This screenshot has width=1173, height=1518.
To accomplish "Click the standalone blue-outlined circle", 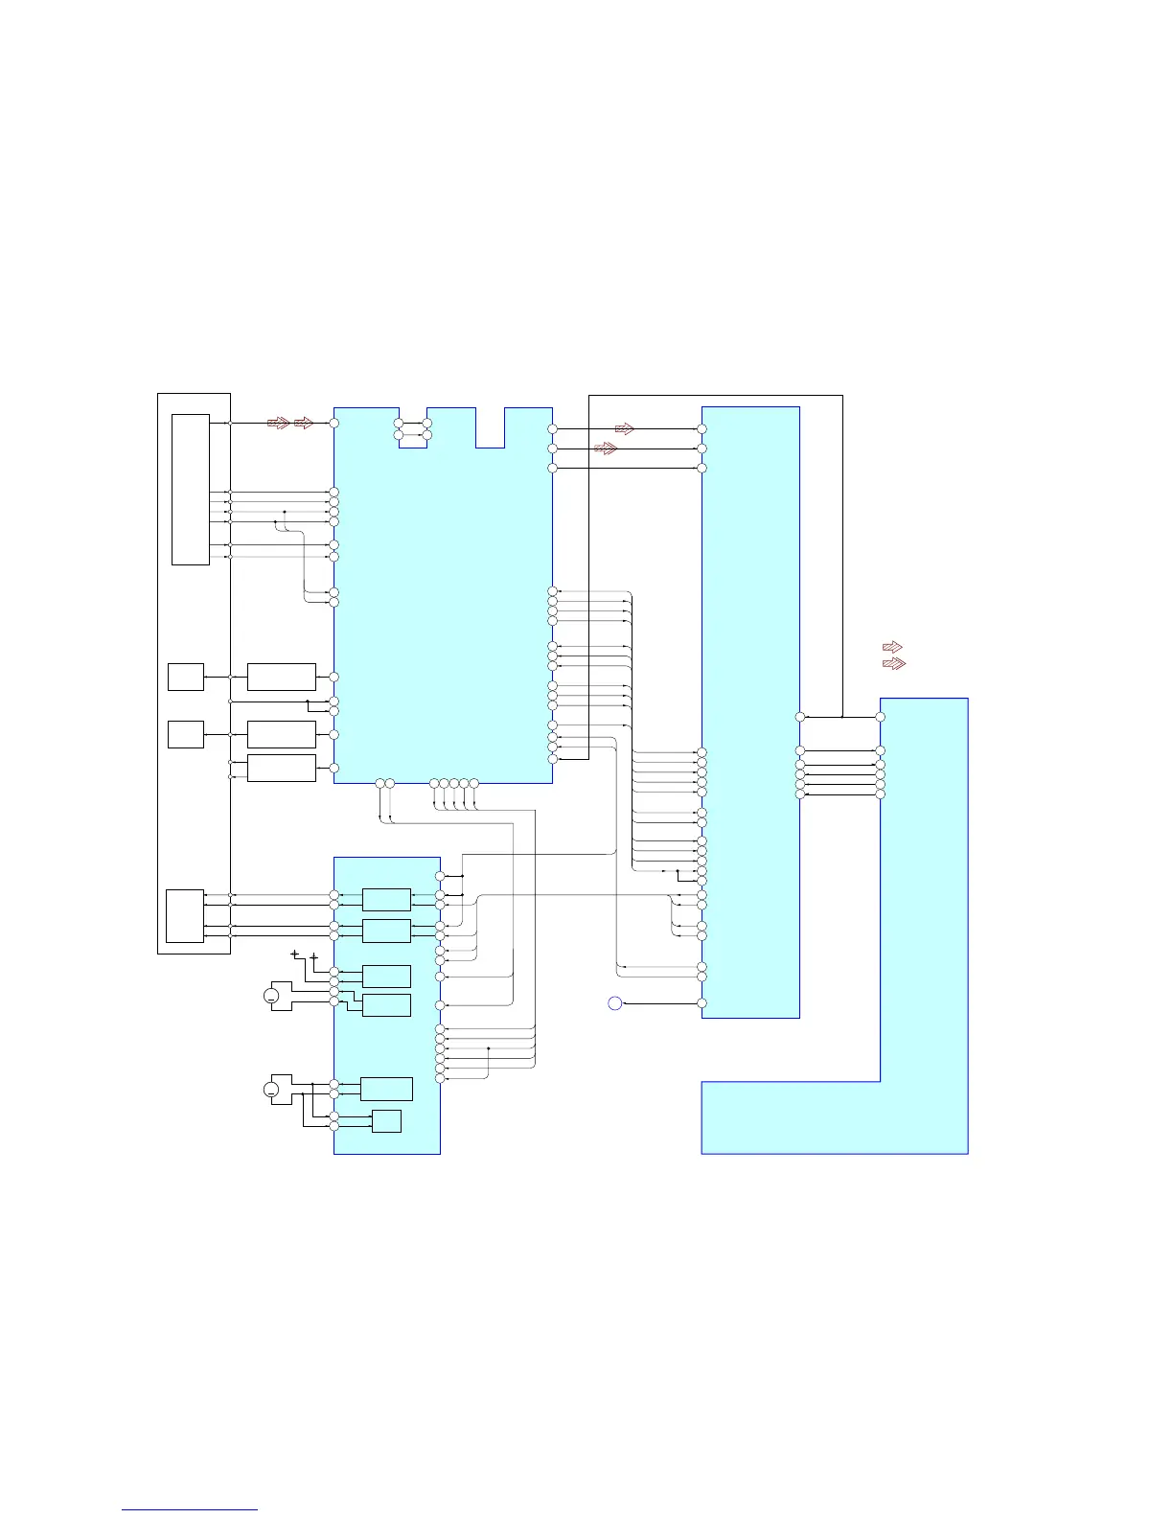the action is (615, 1003).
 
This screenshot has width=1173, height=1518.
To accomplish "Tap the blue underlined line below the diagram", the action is (190, 1510).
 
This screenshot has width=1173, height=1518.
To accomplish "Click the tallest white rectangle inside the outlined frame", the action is (191, 490).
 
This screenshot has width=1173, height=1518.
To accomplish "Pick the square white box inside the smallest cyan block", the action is (386, 1121).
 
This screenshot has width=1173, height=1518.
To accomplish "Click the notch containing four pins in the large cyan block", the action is (413, 428).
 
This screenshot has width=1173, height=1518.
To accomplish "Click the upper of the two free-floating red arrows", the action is (892, 647).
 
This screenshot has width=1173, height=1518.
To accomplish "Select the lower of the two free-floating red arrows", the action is (893, 663).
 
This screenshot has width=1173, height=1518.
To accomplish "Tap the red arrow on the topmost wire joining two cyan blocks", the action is (625, 429).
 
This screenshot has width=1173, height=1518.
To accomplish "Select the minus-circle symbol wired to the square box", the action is (271, 1090).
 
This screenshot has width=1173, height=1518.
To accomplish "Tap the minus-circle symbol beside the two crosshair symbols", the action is (271, 997).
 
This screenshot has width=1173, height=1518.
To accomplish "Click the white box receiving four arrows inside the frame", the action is (185, 916).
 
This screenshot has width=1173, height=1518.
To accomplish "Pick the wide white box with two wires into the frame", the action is (281, 768).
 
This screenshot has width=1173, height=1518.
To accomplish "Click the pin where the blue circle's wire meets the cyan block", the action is (701, 1003).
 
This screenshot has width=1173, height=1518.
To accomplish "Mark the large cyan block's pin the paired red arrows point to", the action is (333, 423).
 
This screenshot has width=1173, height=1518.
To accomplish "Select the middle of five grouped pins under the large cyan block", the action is (453, 784).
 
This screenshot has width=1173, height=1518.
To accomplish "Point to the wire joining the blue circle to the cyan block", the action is (661, 1003).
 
